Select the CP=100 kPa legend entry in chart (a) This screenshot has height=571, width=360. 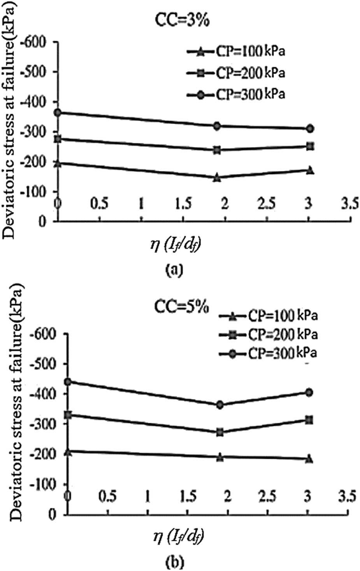236,51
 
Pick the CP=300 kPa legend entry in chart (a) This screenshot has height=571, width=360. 236,95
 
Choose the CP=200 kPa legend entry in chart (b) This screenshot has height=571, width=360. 269,334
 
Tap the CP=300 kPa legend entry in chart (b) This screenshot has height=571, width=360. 269,353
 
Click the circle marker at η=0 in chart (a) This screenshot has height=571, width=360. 58,112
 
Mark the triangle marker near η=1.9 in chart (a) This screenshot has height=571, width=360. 217,177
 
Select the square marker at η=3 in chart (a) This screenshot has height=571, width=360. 310,146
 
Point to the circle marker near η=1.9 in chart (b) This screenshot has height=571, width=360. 220,405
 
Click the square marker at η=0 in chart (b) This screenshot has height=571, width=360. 68,415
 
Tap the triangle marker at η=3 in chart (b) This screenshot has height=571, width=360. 310,459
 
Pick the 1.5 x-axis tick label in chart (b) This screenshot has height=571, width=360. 188,497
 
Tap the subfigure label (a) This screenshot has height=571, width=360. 172,268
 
